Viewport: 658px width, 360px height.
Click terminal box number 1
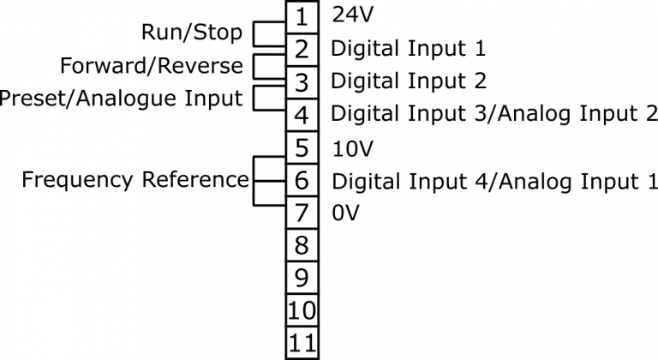coord(302,16)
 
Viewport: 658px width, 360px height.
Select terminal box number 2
coord(302,49)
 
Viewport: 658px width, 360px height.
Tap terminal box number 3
coord(302,81)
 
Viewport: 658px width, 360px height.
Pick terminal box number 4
coord(302,114)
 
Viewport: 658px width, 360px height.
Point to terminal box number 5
coord(302,147)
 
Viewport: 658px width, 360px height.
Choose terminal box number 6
coord(302,180)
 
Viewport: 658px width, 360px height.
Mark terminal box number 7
coord(302,213)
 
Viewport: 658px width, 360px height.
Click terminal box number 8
coord(302,246)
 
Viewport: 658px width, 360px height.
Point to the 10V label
coord(352,148)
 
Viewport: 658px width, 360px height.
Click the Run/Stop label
coord(192,33)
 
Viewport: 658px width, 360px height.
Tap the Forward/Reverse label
coord(152,66)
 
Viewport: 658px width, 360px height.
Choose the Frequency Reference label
coord(135,180)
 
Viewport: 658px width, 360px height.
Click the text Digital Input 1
coord(408,48)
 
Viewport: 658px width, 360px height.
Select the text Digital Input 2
coord(408,81)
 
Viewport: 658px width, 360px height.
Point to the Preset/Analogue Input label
coord(122,98)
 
